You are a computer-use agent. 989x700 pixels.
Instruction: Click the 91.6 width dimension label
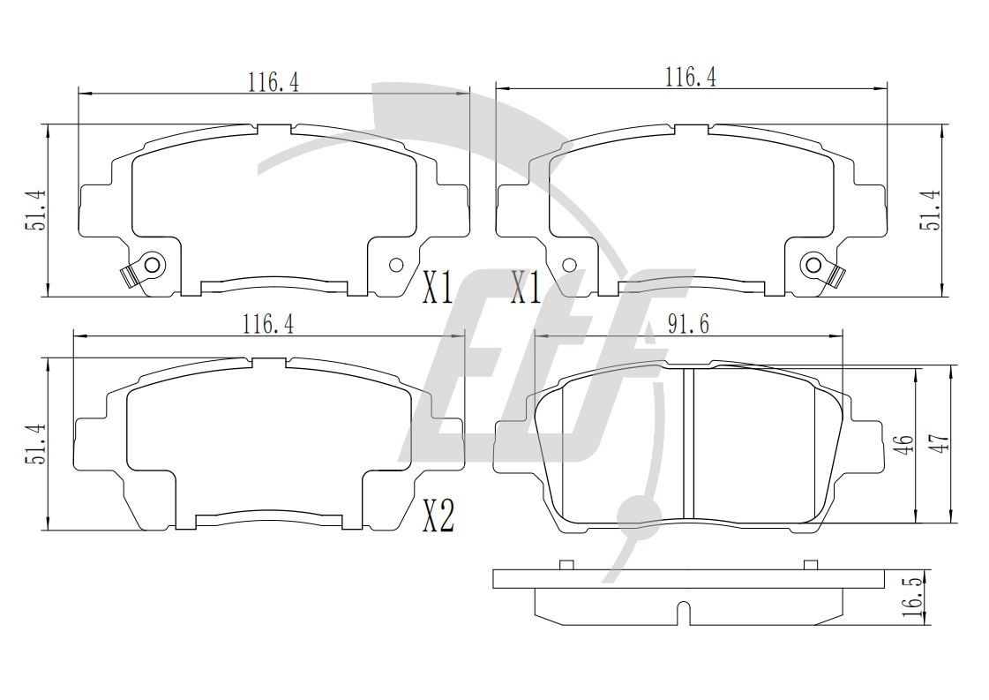coord(688,325)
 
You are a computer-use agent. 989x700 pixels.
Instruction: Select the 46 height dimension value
coord(906,444)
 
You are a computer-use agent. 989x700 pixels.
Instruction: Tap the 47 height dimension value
coord(940,444)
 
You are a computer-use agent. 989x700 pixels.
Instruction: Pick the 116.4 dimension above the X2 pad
coord(268,325)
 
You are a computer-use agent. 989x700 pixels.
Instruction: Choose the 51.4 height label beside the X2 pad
coord(35,444)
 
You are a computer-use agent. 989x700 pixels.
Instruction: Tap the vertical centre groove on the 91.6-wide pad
coord(689,444)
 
